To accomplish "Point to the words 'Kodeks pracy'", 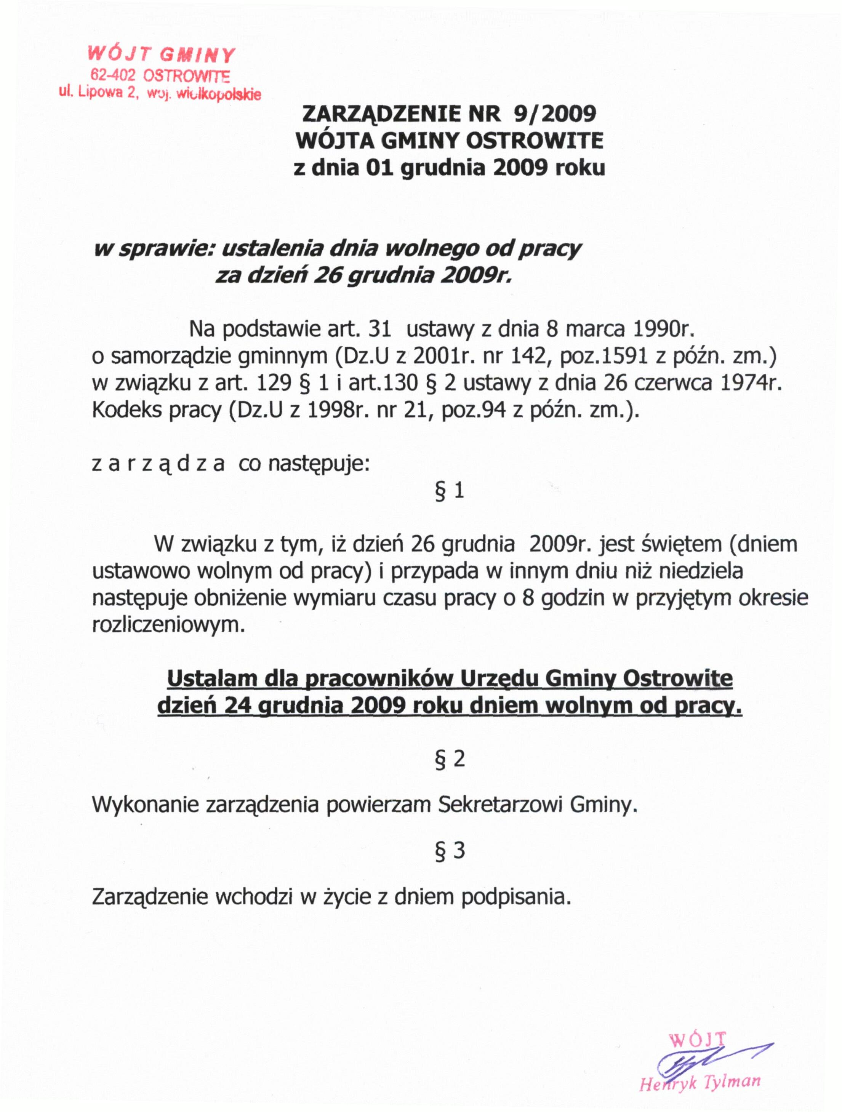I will point(156,411).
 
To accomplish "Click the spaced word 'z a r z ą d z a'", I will point(158,464).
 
